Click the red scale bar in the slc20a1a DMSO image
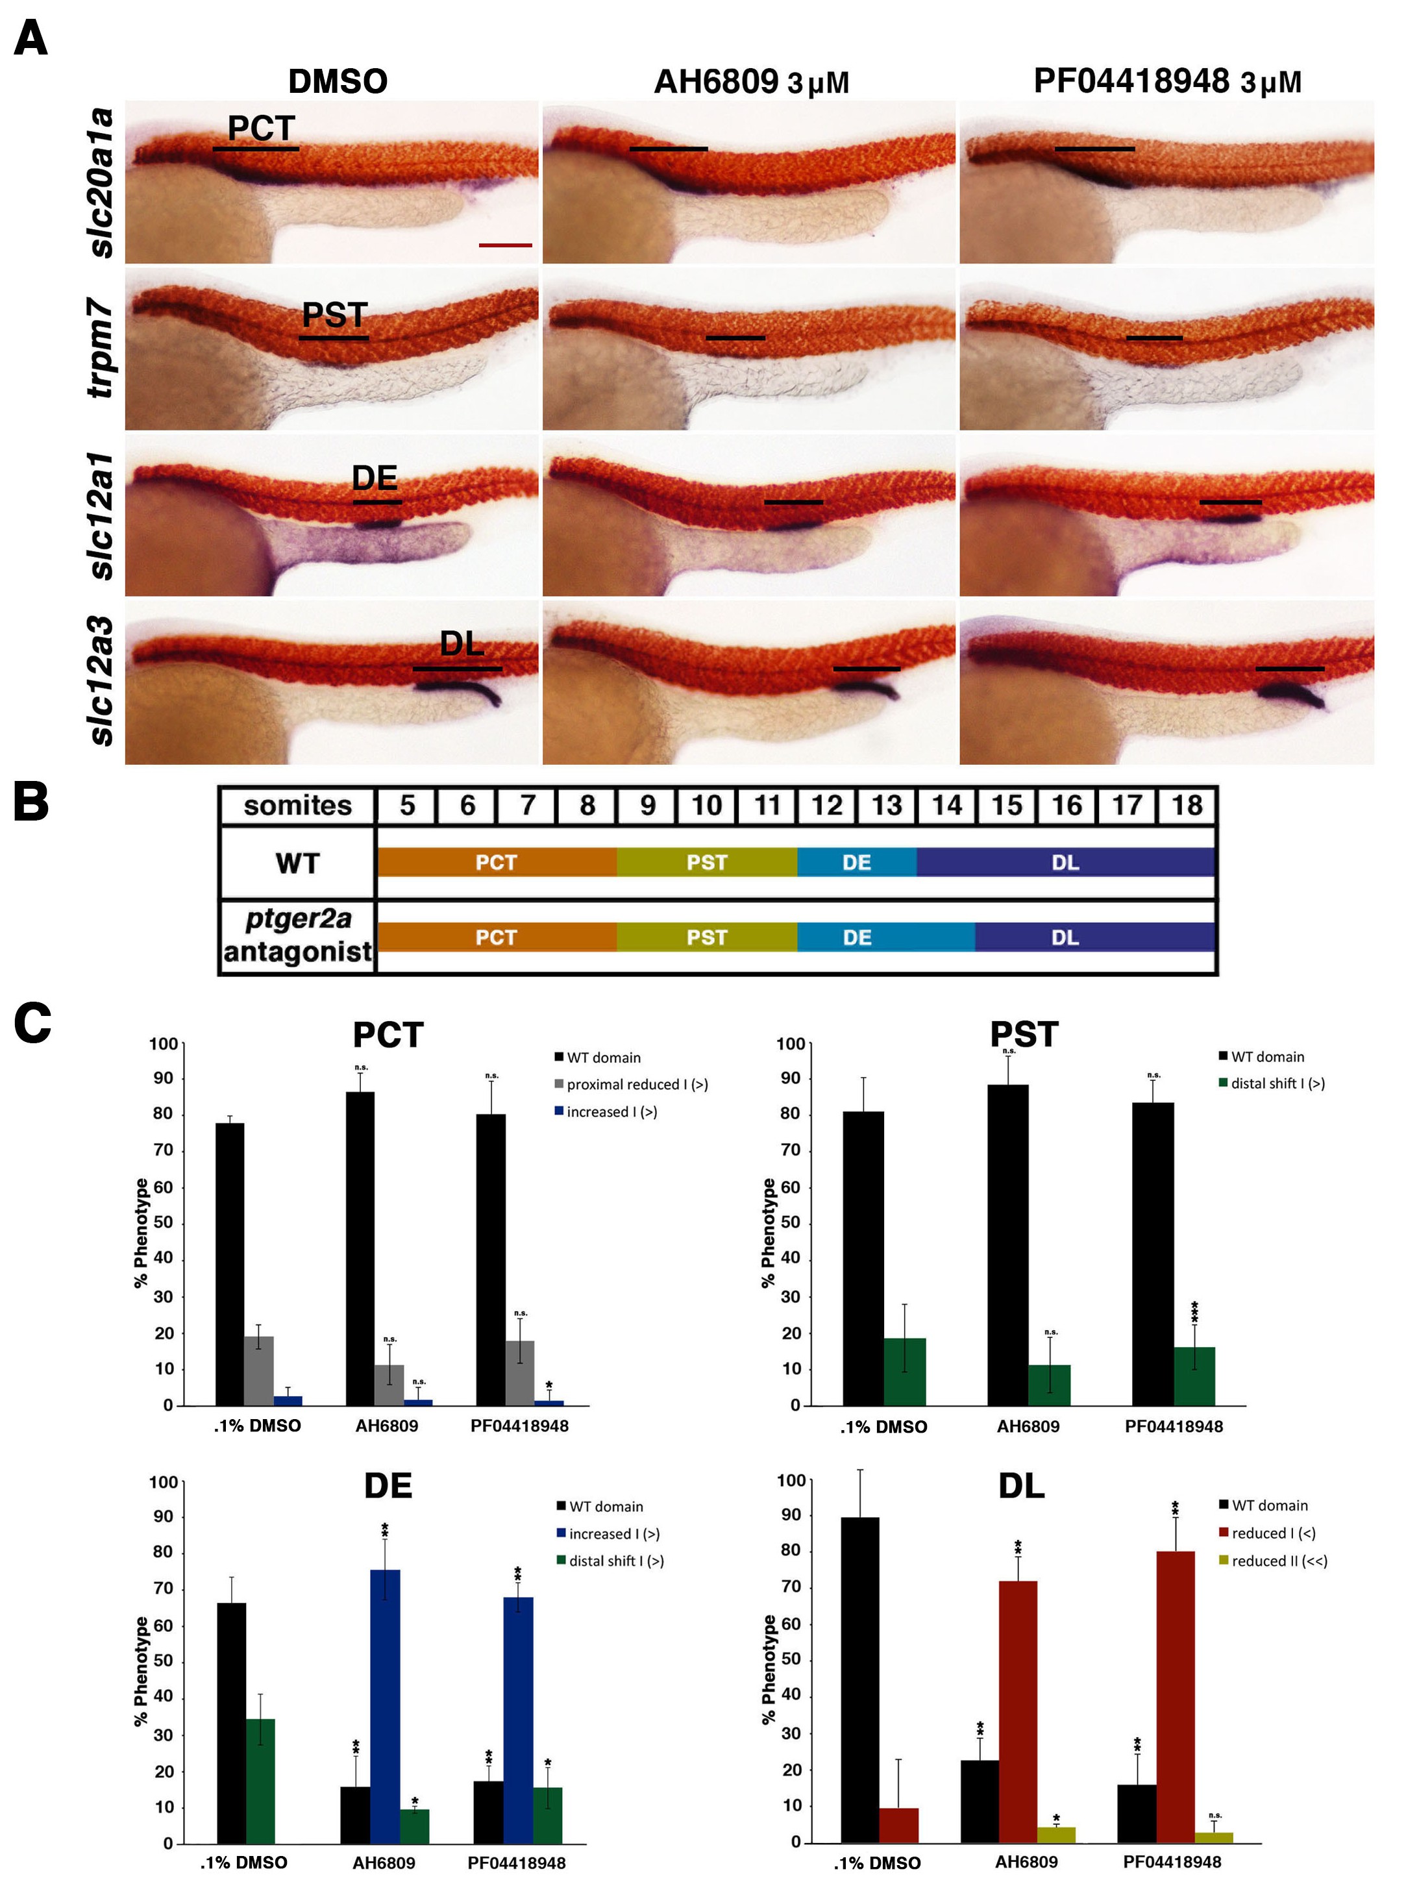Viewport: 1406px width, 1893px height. [505, 245]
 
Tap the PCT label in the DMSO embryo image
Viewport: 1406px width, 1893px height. [260, 129]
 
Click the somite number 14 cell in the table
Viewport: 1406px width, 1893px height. [946, 805]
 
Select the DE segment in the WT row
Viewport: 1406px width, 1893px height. [856, 862]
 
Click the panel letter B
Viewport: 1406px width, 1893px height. [31, 802]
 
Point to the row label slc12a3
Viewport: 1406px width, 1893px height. [102, 681]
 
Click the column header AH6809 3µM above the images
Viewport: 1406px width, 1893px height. [750, 82]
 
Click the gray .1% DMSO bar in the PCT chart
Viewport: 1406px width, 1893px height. [259, 1370]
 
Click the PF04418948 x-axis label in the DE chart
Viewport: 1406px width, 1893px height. [516, 1862]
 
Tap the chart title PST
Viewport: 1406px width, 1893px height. [1023, 1035]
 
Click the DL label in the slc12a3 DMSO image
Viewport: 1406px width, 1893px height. [462, 645]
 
